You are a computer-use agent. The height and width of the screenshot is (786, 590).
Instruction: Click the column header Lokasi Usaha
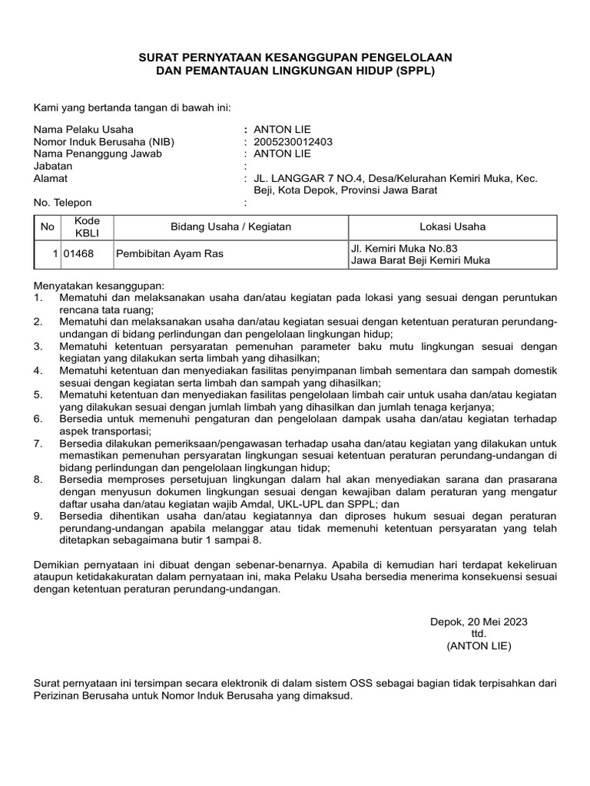452,226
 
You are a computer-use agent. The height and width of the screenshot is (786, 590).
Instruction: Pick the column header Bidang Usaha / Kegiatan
230,226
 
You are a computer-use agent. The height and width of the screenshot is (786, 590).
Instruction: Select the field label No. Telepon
62,203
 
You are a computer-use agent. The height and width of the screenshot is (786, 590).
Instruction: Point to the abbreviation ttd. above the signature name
479,634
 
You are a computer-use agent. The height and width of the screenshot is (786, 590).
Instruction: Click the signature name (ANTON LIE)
479,646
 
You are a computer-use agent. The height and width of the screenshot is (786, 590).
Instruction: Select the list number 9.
38,517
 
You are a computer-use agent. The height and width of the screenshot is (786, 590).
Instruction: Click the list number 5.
38,394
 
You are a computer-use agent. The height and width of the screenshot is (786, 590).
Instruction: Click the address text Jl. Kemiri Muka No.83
403,248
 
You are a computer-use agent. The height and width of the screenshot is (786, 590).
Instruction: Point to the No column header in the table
47,226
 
